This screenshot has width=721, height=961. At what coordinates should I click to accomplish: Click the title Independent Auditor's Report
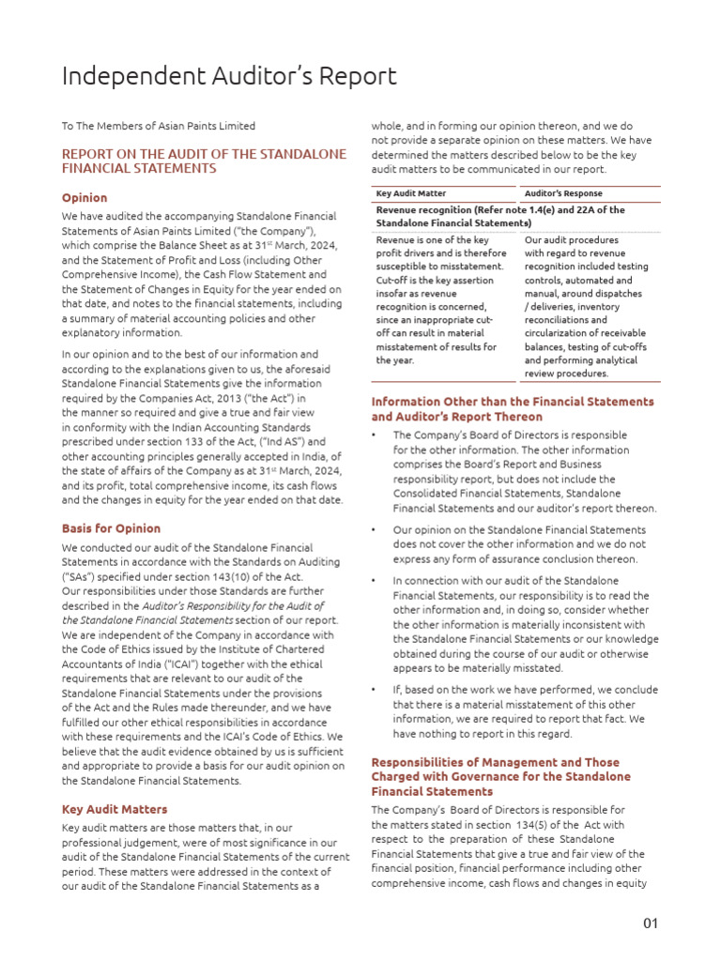[x=229, y=76]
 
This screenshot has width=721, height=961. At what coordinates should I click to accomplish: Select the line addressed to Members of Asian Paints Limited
[x=159, y=126]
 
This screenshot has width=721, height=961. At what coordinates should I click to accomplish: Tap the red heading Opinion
[x=84, y=198]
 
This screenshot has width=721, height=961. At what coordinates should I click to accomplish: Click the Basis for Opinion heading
[x=111, y=528]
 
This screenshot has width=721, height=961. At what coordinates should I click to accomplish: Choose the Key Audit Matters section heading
[x=115, y=809]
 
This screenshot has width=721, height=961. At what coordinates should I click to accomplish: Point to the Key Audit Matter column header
[x=410, y=192]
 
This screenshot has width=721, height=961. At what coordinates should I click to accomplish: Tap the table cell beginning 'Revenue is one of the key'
[x=441, y=300]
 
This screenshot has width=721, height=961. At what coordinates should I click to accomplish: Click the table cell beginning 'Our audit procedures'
[x=587, y=307]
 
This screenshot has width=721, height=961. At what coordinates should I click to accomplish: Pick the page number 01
[x=651, y=923]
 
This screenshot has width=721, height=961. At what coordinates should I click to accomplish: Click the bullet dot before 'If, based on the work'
[x=376, y=691]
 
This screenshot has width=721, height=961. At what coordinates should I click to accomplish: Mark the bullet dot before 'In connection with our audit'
[x=376, y=582]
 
